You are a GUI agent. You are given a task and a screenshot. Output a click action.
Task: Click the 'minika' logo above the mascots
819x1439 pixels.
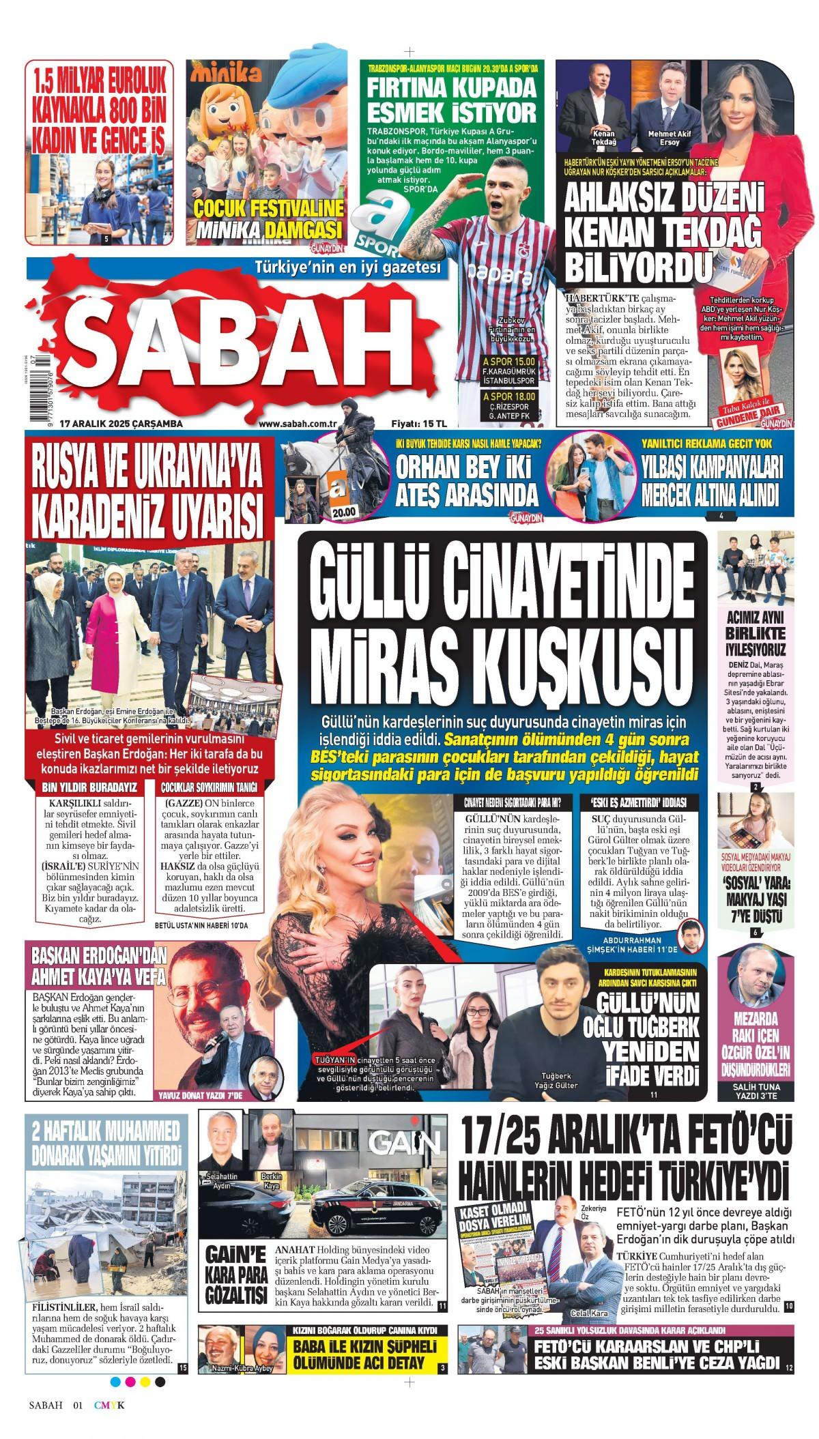tap(226, 73)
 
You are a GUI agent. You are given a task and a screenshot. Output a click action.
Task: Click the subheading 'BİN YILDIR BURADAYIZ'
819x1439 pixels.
tap(89, 787)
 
